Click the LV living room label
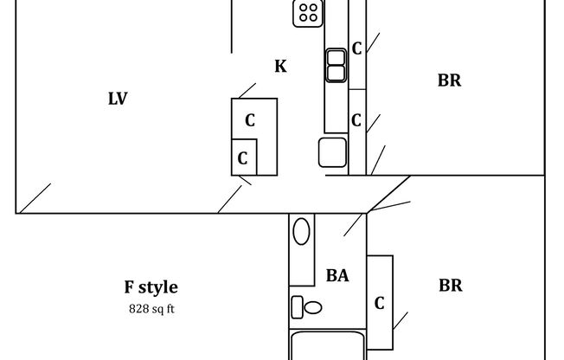pos(118,99)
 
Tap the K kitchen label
pos(280,66)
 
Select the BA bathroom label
pos(337,276)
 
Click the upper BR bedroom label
pos(449,80)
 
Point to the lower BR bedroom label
pos(450,286)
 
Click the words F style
pos(151,287)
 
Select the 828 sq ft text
pos(151,308)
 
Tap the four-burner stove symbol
pos(308,12)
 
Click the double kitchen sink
pos(336,65)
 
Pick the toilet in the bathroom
pos(306,306)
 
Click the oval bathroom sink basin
pos(301,232)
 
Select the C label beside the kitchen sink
pos(356,49)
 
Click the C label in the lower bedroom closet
pos(379,304)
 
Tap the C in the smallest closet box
pos(243,158)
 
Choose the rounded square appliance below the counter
pos(332,151)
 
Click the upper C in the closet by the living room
pos(250,120)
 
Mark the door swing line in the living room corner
pos(35,197)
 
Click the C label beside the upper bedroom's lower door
pos(356,120)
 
